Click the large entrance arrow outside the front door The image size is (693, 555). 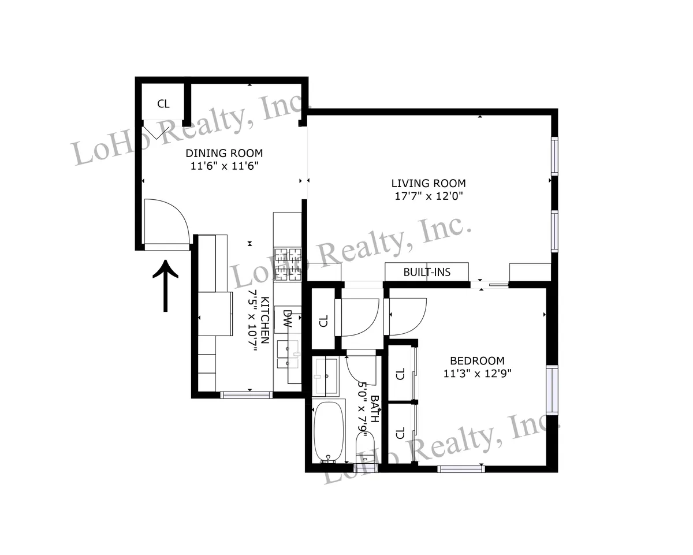(x=166, y=285)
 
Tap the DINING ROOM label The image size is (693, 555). (x=224, y=153)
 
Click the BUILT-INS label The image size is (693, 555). (x=427, y=272)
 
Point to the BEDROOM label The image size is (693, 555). (x=477, y=360)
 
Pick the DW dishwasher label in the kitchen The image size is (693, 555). (x=287, y=318)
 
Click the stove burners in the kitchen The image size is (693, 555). (x=288, y=265)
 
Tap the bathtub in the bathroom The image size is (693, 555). (x=329, y=431)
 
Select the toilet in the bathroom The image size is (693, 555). (x=365, y=447)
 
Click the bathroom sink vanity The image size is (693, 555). (x=326, y=375)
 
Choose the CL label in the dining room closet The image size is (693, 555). (x=163, y=104)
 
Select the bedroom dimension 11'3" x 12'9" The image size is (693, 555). (x=477, y=373)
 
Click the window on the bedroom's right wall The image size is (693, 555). (x=552, y=390)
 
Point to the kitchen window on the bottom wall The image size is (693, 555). (x=247, y=395)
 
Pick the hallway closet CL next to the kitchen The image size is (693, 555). (x=323, y=321)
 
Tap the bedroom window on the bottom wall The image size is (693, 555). (x=460, y=469)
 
